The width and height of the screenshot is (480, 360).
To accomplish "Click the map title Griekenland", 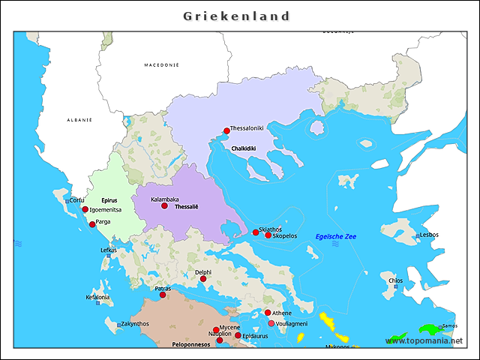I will (237, 16).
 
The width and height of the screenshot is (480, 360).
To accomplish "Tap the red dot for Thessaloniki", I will (226, 130).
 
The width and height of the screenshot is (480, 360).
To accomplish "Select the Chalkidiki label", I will (244, 148).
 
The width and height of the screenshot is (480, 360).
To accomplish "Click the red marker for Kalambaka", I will (164, 205).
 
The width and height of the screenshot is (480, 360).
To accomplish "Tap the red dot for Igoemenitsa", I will (85, 209).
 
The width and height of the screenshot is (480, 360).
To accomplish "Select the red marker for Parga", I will (92, 224).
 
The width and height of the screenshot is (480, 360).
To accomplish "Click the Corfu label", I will (77, 199).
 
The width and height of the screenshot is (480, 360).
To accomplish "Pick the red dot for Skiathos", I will (255, 232).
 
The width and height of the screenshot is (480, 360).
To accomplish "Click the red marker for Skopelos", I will (268, 235).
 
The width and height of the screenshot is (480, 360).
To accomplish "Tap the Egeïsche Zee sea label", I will (336, 236).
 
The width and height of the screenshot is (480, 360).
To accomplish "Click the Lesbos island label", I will (429, 235).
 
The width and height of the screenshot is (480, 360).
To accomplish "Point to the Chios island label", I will (396, 280).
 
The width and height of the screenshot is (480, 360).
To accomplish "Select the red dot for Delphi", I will (203, 279).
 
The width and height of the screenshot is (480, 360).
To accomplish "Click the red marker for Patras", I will (163, 295).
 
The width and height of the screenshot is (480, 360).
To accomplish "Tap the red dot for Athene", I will (268, 313).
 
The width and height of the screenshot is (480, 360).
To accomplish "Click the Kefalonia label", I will (97, 297).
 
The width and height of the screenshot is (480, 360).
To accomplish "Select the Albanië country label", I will (79, 120).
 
